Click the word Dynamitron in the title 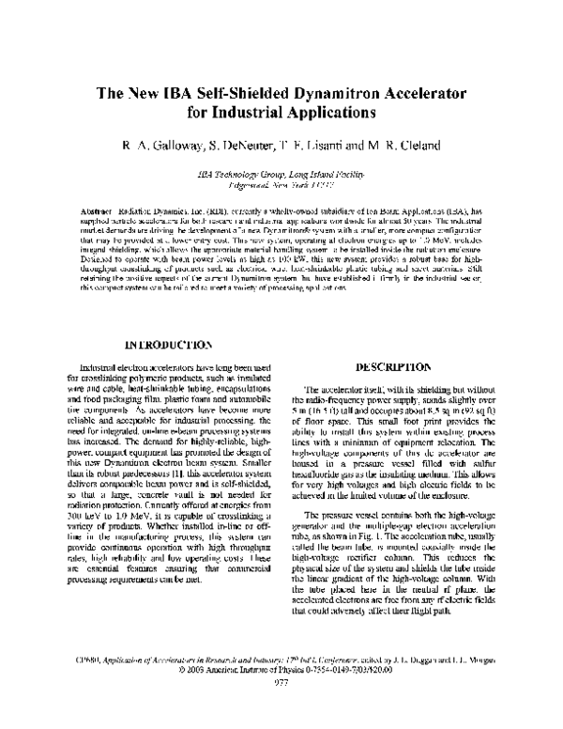327,95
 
